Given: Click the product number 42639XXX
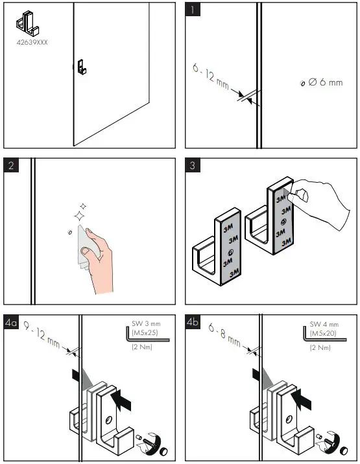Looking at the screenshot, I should [32, 42].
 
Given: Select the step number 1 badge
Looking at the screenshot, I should [193, 10].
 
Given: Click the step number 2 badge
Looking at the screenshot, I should [11, 165].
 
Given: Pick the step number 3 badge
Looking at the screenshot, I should [193, 165].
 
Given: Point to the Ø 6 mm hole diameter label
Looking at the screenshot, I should [326, 83].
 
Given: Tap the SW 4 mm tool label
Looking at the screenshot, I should [326, 324].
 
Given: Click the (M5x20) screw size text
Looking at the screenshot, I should [326, 333].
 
